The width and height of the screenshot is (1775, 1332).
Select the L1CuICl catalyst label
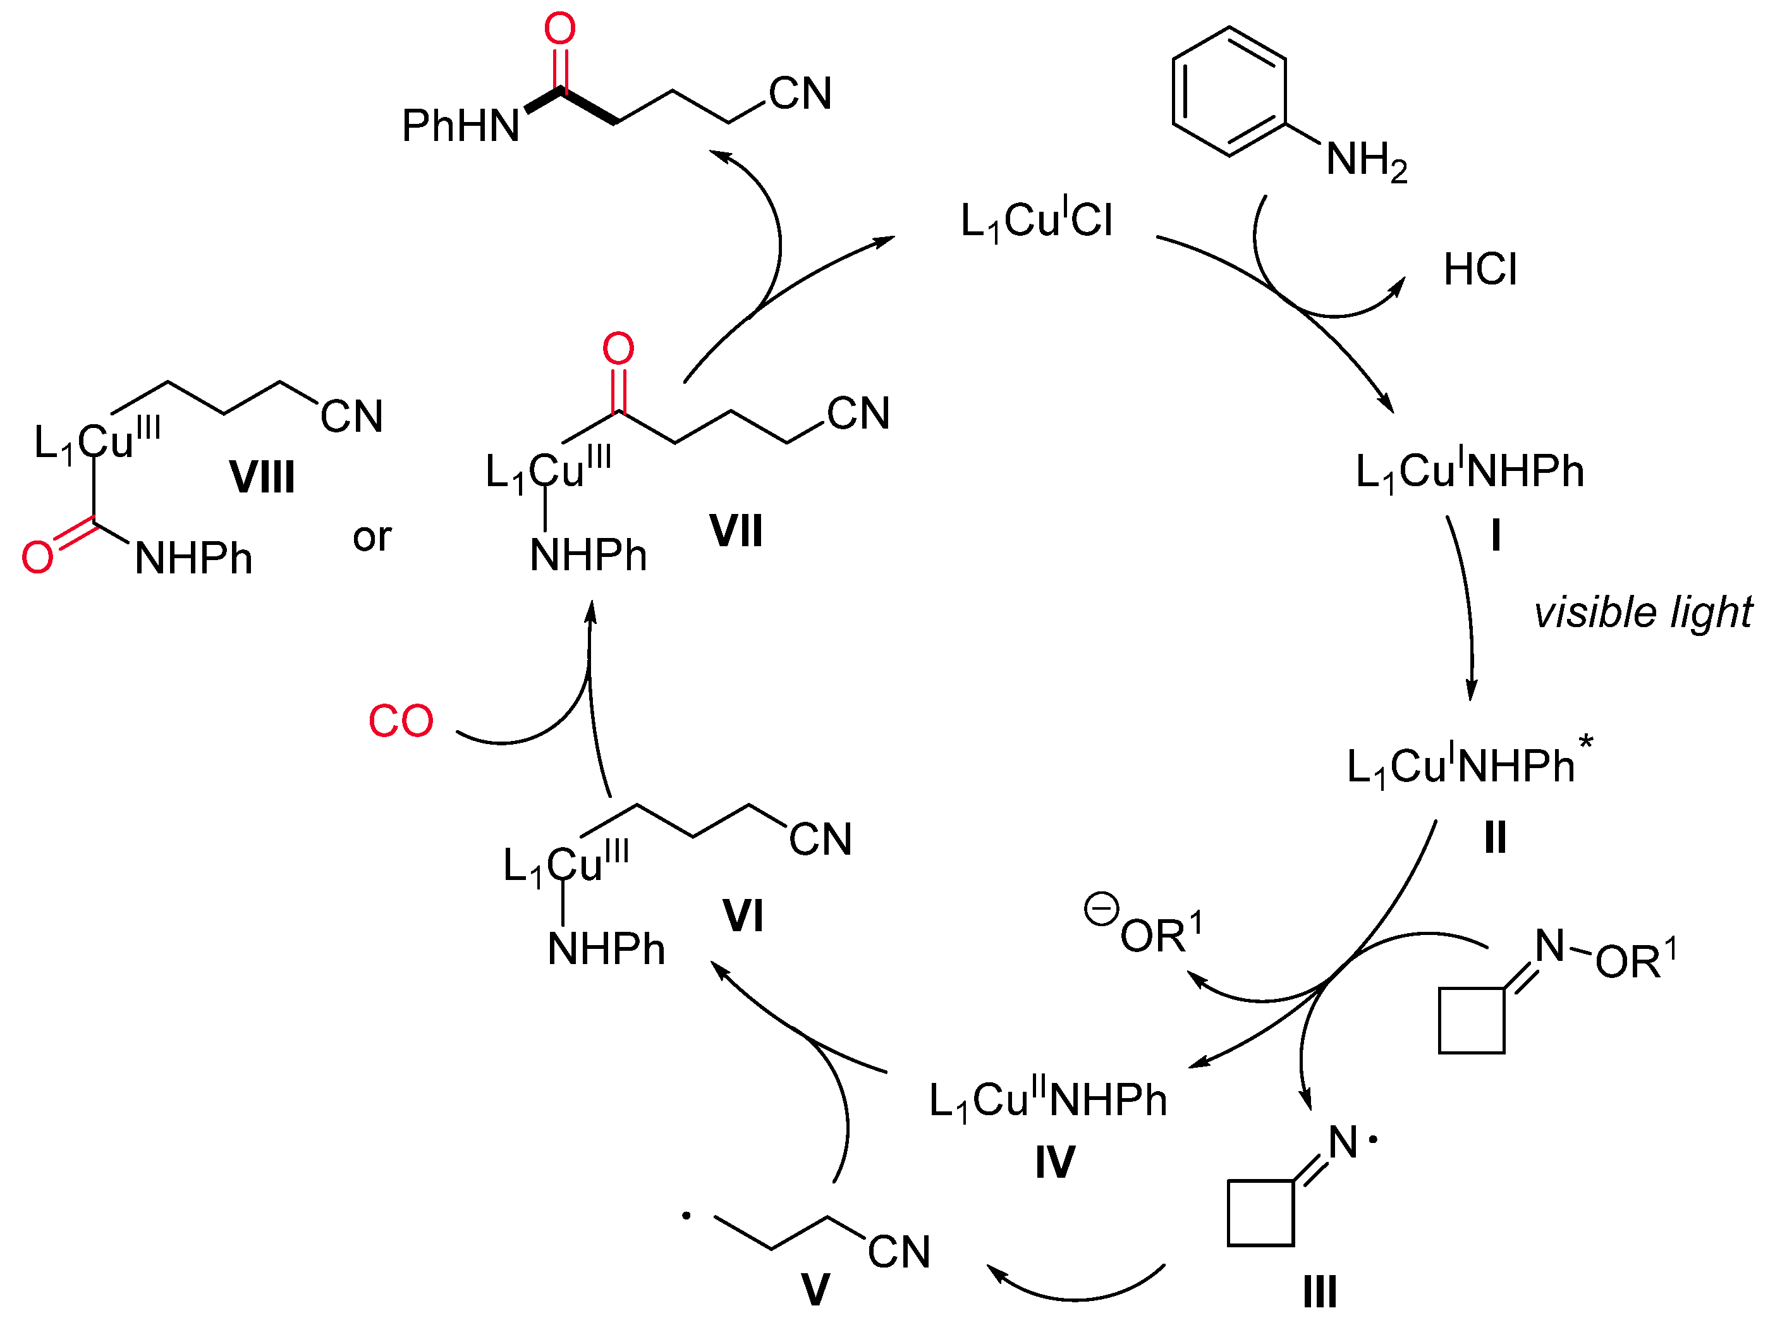[x=1036, y=221]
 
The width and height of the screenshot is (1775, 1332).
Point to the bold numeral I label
[x=1495, y=535]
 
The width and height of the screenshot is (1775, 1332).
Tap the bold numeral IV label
[x=1054, y=1163]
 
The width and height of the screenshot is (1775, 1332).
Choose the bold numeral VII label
[x=736, y=531]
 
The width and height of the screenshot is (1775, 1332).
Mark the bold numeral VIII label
[x=262, y=477]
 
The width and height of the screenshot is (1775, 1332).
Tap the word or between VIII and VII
[x=372, y=537]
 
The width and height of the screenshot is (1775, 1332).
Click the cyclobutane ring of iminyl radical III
[x=1260, y=1213]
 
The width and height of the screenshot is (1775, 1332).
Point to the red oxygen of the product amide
[x=559, y=29]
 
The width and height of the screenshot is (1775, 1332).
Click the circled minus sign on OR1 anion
[x=1101, y=910]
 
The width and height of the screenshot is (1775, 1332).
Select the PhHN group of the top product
[x=461, y=126]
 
